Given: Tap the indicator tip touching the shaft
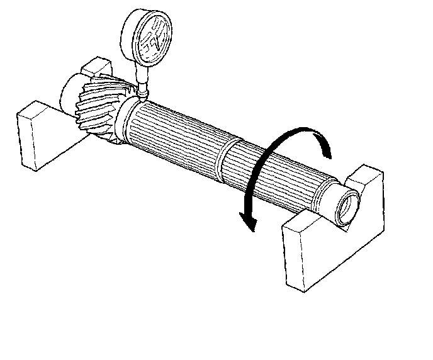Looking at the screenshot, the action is (143, 95).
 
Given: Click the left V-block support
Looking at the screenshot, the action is (38, 135).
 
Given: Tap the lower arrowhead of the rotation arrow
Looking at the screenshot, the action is (249, 222).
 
